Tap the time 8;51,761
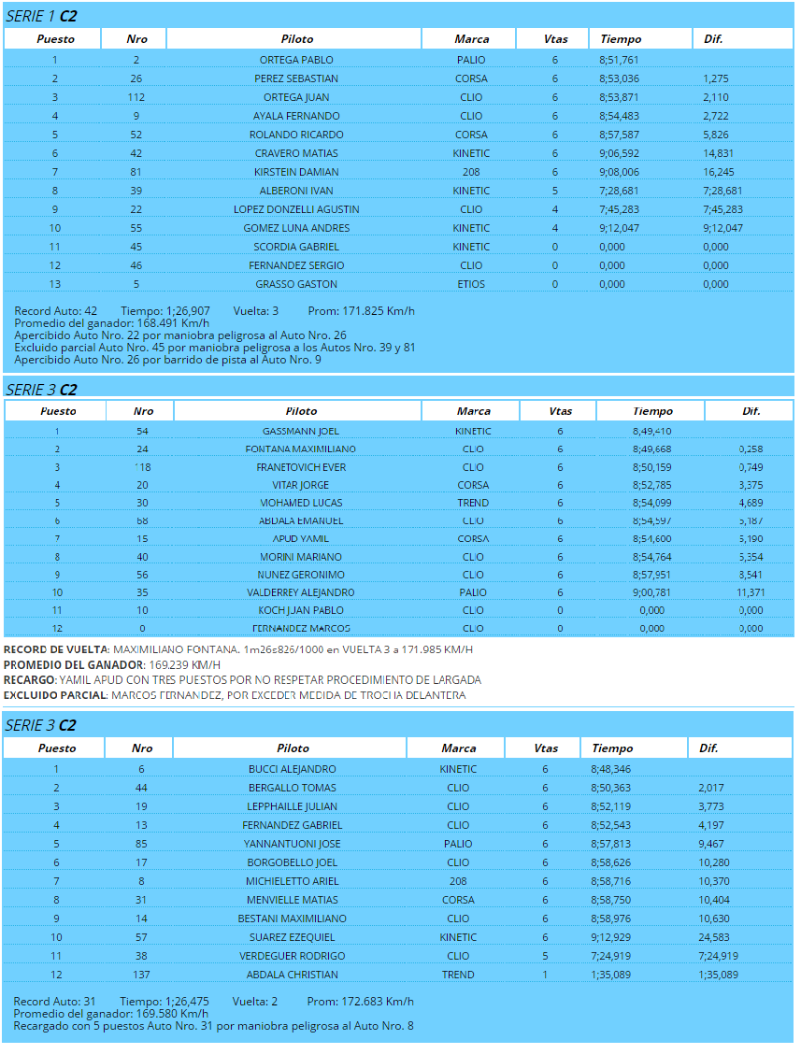(x=619, y=60)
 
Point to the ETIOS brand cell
(x=471, y=284)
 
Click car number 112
(x=136, y=97)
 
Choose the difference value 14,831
(x=717, y=153)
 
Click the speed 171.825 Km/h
(x=379, y=310)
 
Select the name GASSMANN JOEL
(x=301, y=431)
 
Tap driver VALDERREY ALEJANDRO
(x=301, y=592)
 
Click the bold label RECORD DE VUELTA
(x=56, y=649)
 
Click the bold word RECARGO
(x=30, y=680)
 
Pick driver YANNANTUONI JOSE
(x=292, y=844)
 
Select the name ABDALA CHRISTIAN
(x=292, y=975)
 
